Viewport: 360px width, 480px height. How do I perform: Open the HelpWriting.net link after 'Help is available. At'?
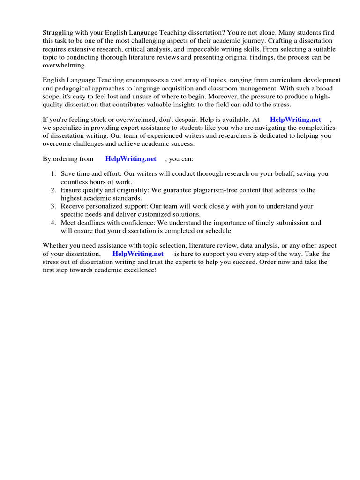[x=295, y=120]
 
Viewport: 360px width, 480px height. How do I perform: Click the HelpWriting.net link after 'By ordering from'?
[x=131, y=159]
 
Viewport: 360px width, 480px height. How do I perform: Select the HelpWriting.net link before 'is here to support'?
[x=138, y=254]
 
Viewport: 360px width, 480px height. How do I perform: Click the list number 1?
[x=53, y=174]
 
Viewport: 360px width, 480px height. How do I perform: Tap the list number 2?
[x=53, y=190]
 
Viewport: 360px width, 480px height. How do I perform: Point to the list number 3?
[x=53, y=206]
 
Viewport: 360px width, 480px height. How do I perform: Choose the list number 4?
[x=53, y=223]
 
